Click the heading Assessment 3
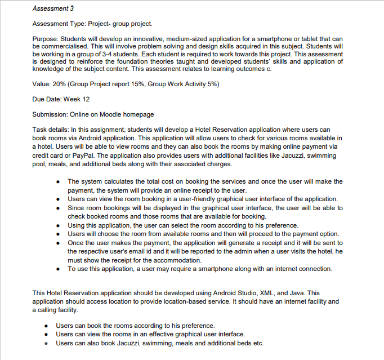click(x=53, y=9)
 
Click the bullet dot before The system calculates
click(x=59, y=182)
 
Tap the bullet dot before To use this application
click(x=59, y=269)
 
